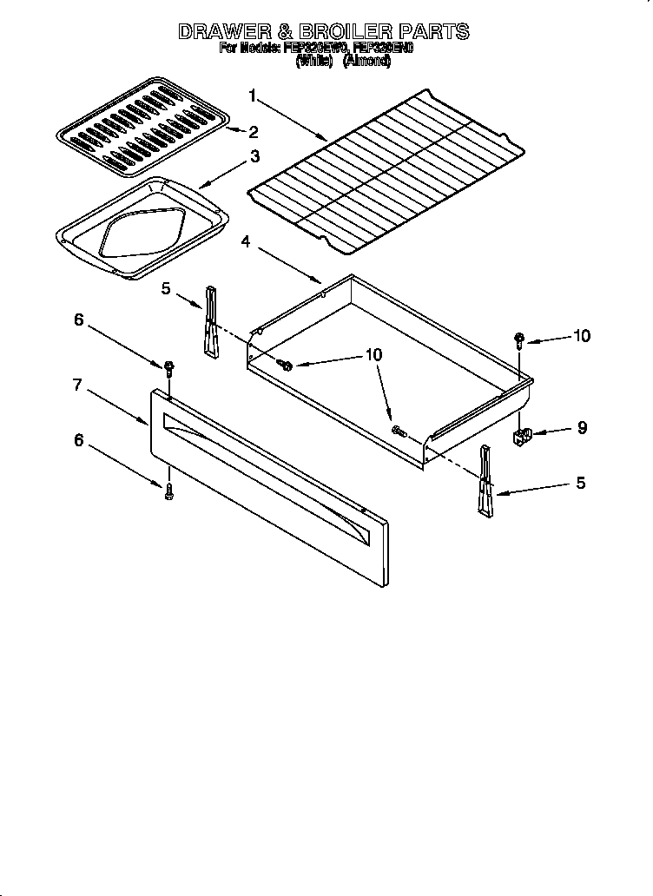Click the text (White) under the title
point(314,63)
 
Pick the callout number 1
point(253,95)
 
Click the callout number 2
point(254,132)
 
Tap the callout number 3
point(254,156)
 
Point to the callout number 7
point(77,385)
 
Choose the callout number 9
point(582,427)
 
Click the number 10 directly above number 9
point(581,336)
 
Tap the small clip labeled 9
point(524,437)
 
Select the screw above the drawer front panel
point(168,368)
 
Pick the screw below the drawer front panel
point(168,491)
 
